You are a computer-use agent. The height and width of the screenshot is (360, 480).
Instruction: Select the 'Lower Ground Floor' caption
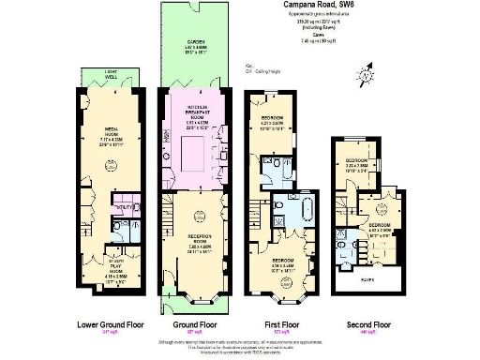pyautogui.click(x=109, y=325)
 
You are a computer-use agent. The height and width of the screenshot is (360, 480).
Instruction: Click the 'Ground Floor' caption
pyautogui.click(x=196, y=325)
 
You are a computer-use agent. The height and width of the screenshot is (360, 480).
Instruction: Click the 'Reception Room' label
pyautogui.click(x=196, y=237)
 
